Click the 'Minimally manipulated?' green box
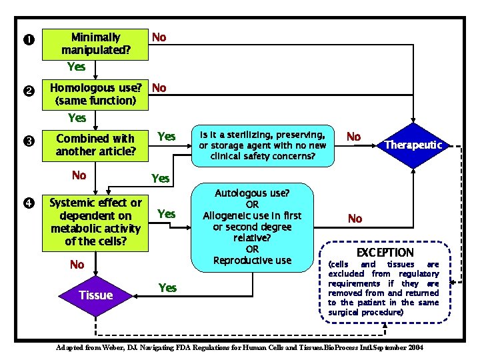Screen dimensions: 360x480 (x=95, y=43)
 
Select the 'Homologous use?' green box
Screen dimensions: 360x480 (x=95, y=94)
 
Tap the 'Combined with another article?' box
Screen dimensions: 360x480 (x=95, y=145)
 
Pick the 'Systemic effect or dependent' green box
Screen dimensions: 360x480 (x=95, y=221)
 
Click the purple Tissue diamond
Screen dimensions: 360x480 (x=95, y=295)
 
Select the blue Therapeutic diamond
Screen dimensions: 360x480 (x=414, y=145)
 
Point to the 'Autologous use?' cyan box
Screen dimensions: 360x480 (x=252, y=226)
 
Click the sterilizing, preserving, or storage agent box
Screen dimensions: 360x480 (x=262, y=145)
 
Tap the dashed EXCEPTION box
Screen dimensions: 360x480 (x=384, y=283)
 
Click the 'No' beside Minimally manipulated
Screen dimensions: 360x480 (x=159, y=37)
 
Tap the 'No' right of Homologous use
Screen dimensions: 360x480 (x=159, y=87)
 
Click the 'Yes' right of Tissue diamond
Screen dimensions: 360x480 (x=167, y=287)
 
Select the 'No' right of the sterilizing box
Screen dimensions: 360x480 (x=353, y=137)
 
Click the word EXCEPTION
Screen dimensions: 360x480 (x=385, y=253)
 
